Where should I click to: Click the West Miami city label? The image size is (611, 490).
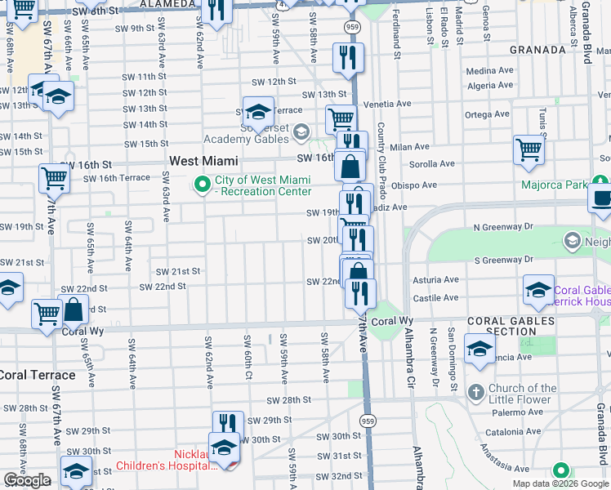(203, 161)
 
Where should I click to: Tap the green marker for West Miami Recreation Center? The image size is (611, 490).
(202, 185)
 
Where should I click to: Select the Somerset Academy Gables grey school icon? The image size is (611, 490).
(301, 131)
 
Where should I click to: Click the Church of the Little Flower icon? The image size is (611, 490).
(476, 393)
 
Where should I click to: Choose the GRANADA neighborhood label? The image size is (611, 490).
(537, 50)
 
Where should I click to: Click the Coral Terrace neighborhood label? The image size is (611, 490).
(38, 376)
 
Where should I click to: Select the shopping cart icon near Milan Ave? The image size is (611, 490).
(529, 150)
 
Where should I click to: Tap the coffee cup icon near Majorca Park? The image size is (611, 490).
(601, 198)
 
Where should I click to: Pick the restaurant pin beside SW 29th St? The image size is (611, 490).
(228, 425)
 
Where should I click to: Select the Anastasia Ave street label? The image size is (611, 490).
(506, 469)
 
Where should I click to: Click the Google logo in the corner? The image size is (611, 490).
(27, 481)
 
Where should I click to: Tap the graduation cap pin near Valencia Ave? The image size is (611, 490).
(479, 349)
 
